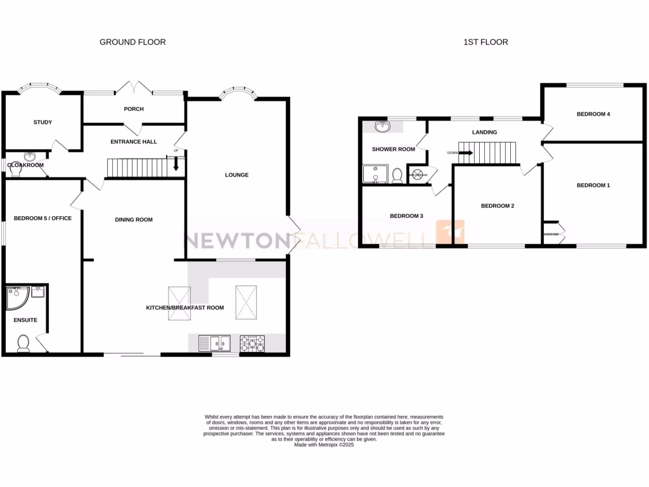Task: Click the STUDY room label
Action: click(x=43, y=122)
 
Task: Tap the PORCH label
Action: click(x=134, y=109)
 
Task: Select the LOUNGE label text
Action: click(x=236, y=175)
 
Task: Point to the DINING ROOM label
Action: click(x=134, y=220)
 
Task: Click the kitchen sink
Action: click(x=211, y=343)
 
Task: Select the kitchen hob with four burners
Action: click(x=252, y=343)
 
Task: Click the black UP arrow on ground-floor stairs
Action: click(x=176, y=164)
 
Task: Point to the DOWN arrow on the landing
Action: click(x=466, y=152)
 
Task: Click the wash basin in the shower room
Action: click(x=382, y=127)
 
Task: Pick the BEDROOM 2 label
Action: click(x=497, y=206)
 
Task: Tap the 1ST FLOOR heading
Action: click(x=485, y=42)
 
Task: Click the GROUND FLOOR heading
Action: click(x=132, y=42)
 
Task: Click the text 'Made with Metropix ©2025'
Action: click(x=324, y=445)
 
